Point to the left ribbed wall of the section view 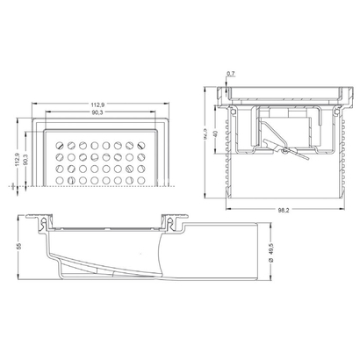point(231,167)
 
